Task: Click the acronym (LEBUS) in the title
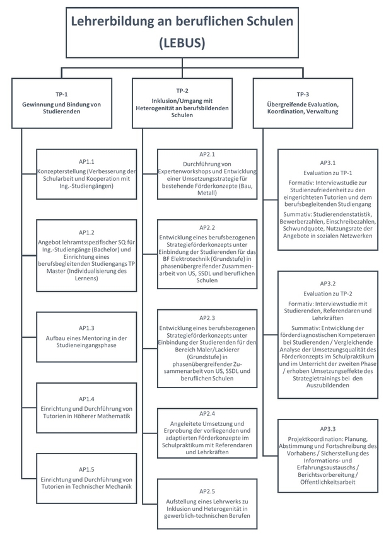tap(182, 43)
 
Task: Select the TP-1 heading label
tap(62, 94)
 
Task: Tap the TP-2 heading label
tap(182, 91)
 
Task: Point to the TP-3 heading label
tap(303, 94)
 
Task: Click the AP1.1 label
tap(86, 162)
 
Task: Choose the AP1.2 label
tap(86, 232)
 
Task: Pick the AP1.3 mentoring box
tap(86, 337)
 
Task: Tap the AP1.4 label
tap(86, 399)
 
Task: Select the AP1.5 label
tap(86, 470)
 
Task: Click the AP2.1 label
tap(207, 154)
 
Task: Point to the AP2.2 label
tap(207, 228)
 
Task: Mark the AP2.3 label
tap(207, 318)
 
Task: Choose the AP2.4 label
tap(207, 414)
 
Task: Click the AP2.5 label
tap(207, 491)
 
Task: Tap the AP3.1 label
tap(328, 163)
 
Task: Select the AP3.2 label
tap(328, 283)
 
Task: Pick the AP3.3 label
tap(328, 429)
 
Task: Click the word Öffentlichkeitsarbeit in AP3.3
tap(328, 482)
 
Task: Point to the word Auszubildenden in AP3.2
tap(328, 386)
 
